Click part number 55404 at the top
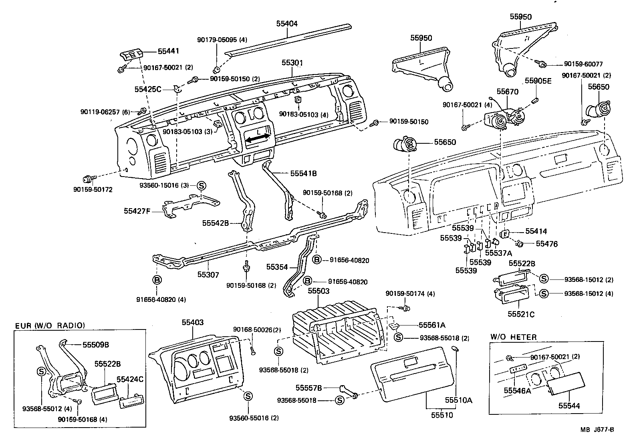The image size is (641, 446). pyautogui.click(x=286, y=24)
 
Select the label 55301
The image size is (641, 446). pyautogui.click(x=292, y=63)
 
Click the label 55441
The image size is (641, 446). pyautogui.click(x=168, y=51)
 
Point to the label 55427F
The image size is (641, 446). pyautogui.click(x=137, y=210)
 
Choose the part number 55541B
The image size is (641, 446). pyautogui.click(x=303, y=173)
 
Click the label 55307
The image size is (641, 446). pyautogui.click(x=208, y=274)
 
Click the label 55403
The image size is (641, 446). pyautogui.click(x=193, y=322)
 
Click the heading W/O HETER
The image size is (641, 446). pyautogui.click(x=513, y=337)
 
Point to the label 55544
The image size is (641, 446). pyautogui.click(x=569, y=406)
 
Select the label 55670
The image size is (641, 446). pyautogui.click(x=508, y=92)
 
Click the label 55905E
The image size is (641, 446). pyautogui.click(x=538, y=81)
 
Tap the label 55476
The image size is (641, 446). pyautogui.click(x=546, y=243)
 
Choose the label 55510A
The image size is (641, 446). pyautogui.click(x=459, y=400)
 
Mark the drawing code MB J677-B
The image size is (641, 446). pyautogui.click(x=597, y=430)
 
